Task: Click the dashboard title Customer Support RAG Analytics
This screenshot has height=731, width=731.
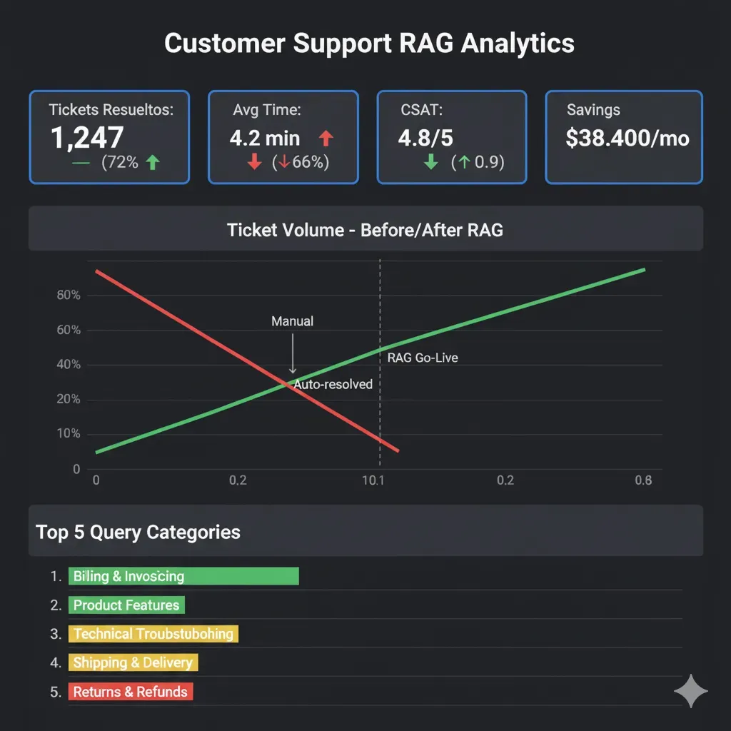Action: [x=369, y=44]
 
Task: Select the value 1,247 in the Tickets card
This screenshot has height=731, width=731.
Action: [x=87, y=138]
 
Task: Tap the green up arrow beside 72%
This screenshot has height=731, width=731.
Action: [x=152, y=163]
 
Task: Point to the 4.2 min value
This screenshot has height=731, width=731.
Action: [x=265, y=138]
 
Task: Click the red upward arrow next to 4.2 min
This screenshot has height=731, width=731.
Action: [x=326, y=138]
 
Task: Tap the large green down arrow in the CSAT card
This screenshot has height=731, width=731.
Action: [x=430, y=163]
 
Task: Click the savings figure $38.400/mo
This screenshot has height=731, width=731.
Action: [x=627, y=138]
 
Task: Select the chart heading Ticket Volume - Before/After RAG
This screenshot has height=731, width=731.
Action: [x=365, y=230]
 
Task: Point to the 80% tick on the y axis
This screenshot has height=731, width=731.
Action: [x=68, y=296]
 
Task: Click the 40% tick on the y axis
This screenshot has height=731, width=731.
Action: [x=68, y=365]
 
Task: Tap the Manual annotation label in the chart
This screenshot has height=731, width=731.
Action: [x=292, y=322]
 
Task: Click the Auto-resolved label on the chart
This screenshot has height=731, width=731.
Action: [x=333, y=385]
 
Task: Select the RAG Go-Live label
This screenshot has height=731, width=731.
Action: [x=423, y=358]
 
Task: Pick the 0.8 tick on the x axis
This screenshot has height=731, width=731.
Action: [x=643, y=480]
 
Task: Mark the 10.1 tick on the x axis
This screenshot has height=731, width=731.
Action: [x=373, y=480]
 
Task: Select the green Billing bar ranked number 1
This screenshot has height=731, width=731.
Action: [x=183, y=576]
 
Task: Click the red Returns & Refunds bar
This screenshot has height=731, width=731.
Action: [x=131, y=692]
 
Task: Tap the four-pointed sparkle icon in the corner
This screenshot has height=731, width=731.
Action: [x=691, y=691]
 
